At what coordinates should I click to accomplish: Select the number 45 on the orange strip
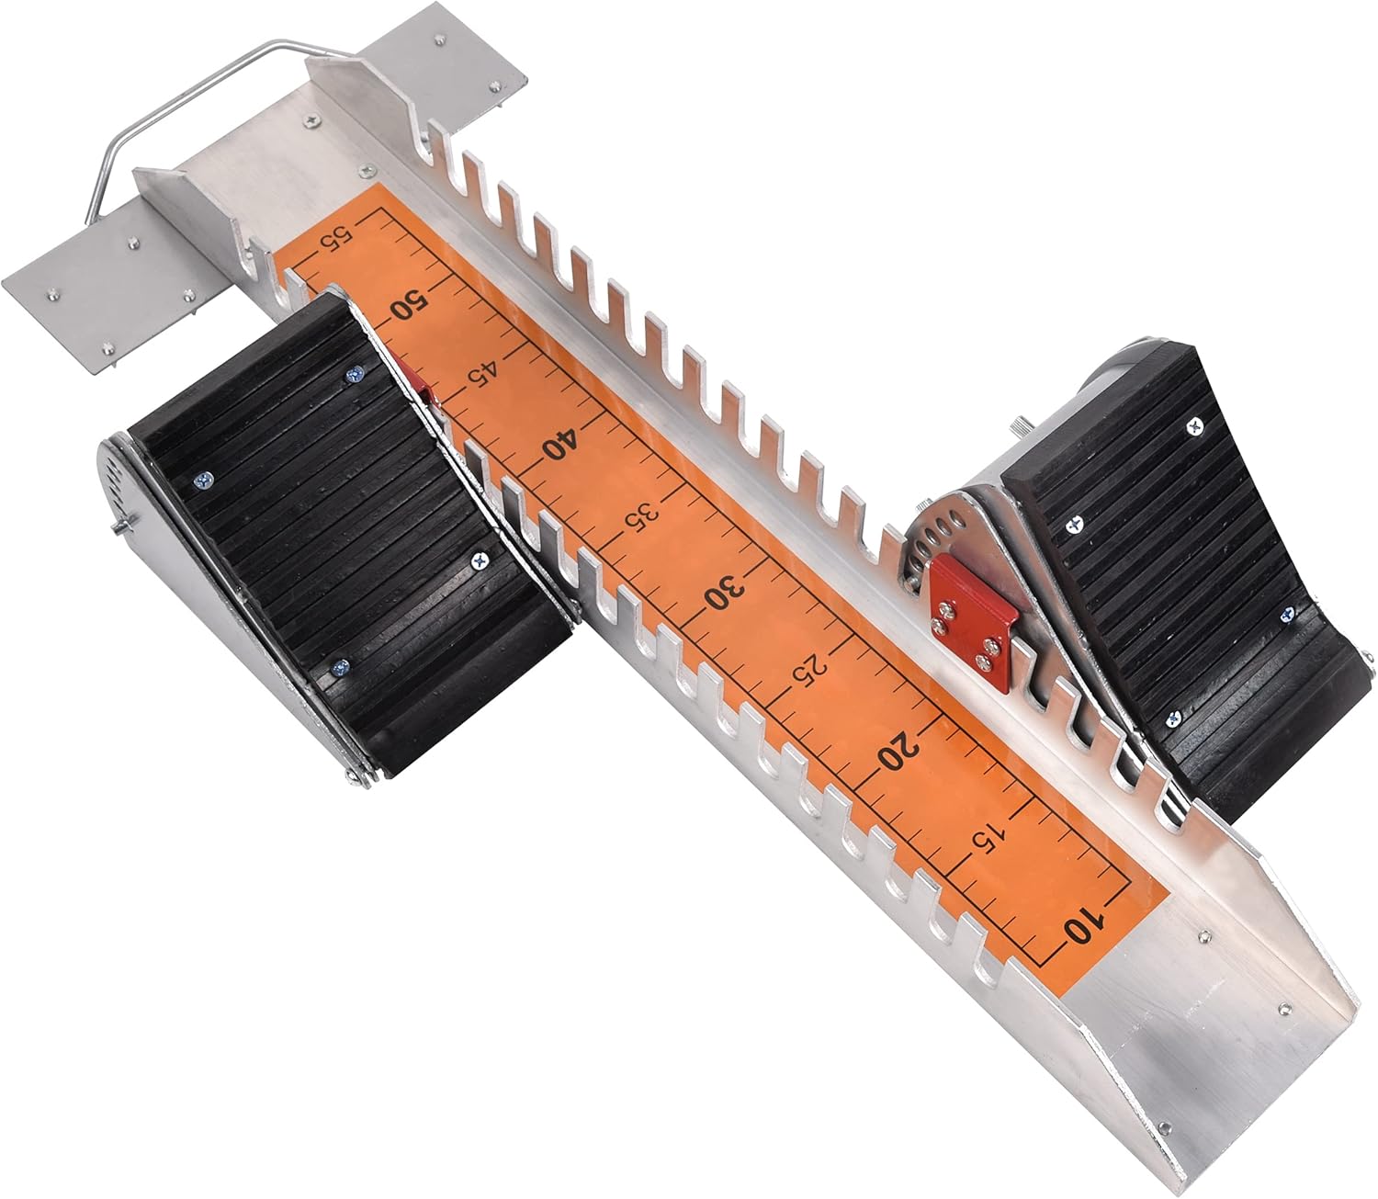[x=483, y=375]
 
